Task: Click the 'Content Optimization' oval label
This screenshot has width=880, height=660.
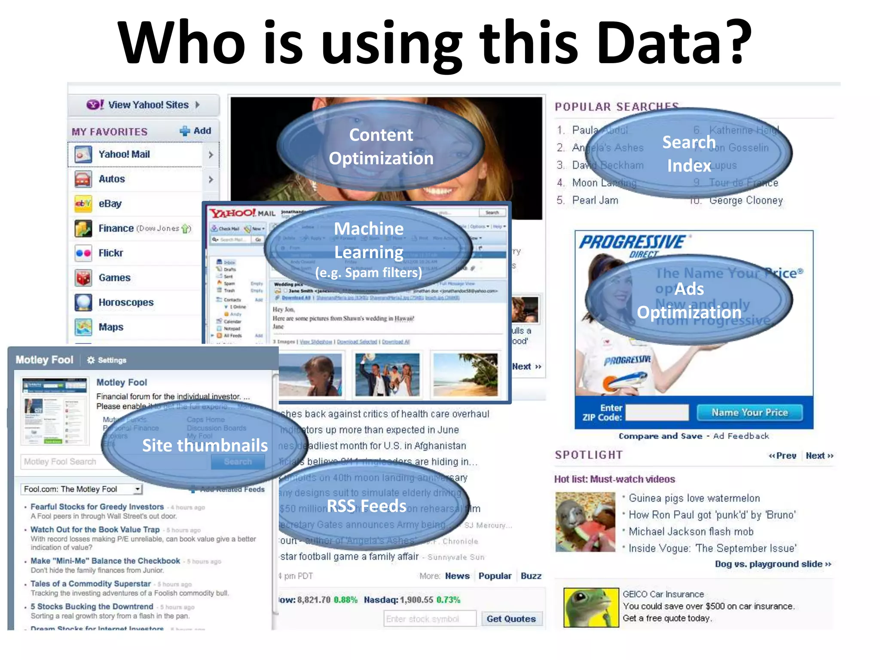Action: click(381, 147)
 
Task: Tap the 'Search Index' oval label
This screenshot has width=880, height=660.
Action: click(689, 153)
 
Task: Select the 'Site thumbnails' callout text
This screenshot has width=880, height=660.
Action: click(205, 446)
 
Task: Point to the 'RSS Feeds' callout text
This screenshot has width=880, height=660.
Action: click(367, 506)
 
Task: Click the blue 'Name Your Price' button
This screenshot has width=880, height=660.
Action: click(749, 412)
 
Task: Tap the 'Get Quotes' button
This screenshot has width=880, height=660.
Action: click(511, 619)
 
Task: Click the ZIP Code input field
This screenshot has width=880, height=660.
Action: click(657, 412)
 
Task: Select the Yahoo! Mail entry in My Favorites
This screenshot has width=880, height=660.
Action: click(124, 154)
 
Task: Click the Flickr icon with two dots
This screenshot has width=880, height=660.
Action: click(83, 253)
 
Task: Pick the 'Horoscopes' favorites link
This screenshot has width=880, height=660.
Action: click(126, 302)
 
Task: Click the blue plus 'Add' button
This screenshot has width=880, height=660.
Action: click(196, 131)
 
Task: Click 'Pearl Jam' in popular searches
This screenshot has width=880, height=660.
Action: click(595, 200)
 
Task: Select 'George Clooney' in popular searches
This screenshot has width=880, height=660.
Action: click(746, 200)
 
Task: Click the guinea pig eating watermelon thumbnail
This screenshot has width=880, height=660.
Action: click(585, 522)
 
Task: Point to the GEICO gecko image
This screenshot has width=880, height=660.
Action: click(591, 607)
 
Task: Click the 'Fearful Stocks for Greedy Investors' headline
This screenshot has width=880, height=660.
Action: click(97, 507)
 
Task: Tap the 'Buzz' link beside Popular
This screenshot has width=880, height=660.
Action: click(531, 576)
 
